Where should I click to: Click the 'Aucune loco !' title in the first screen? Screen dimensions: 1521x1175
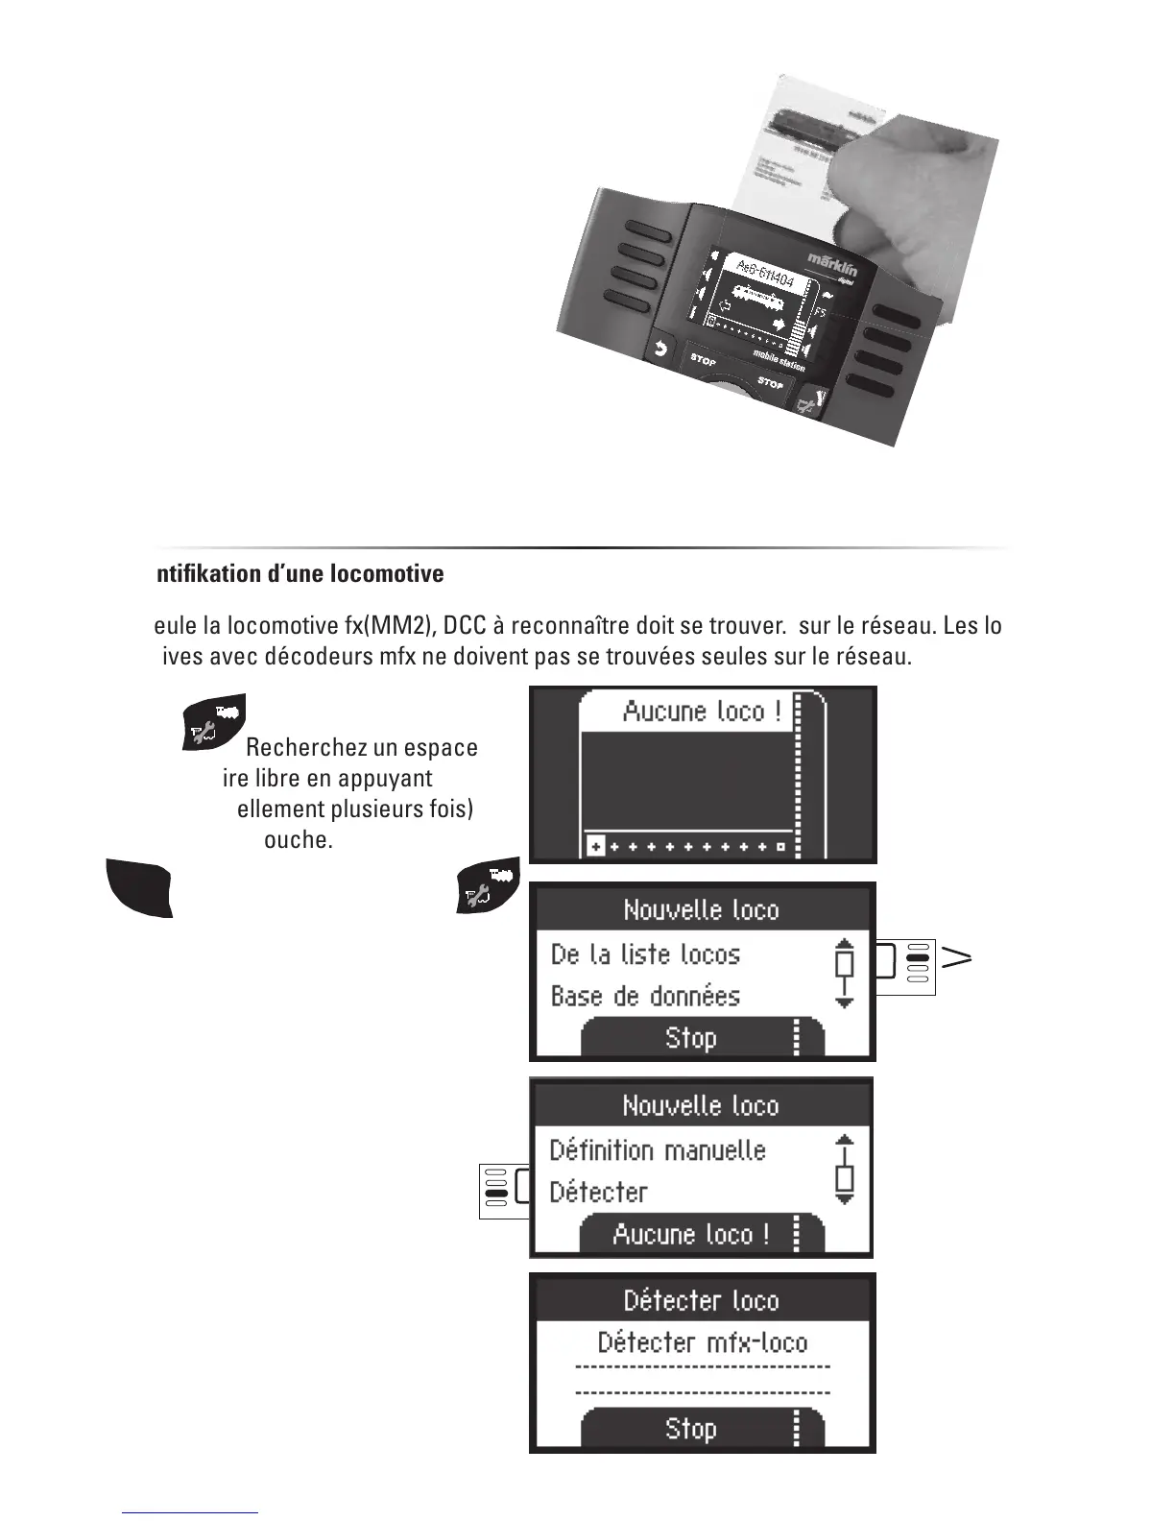click(x=702, y=712)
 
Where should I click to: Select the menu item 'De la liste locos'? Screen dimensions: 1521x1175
click(x=645, y=954)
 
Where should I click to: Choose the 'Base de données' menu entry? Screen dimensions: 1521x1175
click(x=645, y=997)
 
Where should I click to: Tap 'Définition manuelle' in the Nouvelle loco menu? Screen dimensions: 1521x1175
click(x=658, y=1150)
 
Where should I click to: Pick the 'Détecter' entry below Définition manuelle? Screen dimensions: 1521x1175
click(x=598, y=1193)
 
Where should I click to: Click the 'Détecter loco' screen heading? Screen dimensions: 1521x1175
click(x=702, y=1301)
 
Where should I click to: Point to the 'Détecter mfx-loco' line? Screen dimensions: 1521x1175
click(x=702, y=1342)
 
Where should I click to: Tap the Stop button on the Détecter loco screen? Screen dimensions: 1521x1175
click(x=691, y=1429)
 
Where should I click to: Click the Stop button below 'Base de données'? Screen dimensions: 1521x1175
click(x=691, y=1038)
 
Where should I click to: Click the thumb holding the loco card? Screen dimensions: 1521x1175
click(x=854, y=192)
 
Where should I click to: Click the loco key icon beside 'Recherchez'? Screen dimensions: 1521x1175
click(x=213, y=722)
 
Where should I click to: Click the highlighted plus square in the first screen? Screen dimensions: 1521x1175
click(x=595, y=847)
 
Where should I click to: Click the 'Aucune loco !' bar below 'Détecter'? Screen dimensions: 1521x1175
click(x=691, y=1234)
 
